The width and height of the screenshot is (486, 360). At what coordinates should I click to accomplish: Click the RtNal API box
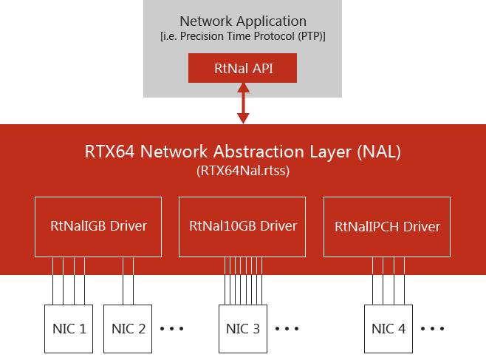(x=242, y=68)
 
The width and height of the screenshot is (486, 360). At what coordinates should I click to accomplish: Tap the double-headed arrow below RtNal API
(x=243, y=103)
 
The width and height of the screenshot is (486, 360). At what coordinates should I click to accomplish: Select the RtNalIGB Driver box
(x=98, y=227)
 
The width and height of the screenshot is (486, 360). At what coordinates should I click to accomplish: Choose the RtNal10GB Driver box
(x=242, y=227)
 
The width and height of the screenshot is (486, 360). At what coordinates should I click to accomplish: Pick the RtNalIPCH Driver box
(x=387, y=227)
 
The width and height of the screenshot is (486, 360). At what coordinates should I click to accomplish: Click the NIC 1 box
(x=69, y=329)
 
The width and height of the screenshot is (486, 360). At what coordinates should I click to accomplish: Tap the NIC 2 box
(x=128, y=329)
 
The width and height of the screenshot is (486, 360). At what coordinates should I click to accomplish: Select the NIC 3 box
(x=243, y=329)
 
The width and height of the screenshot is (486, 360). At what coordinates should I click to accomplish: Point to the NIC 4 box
(x=389, y=329)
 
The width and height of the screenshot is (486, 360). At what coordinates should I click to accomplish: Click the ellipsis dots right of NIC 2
(x=171, y=328)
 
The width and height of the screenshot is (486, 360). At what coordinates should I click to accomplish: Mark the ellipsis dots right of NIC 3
(x=287, y=328)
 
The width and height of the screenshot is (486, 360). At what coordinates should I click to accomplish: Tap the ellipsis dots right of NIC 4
(x=432, y=328)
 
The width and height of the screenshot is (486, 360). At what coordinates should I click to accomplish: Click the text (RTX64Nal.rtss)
(x=243, y=171)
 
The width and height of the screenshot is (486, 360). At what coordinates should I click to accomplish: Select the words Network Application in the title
(x=243, y=21)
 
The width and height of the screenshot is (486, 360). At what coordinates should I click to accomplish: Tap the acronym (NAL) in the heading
(x=379, y=152)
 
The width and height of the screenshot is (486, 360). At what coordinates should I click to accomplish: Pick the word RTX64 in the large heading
(x=110, y=152)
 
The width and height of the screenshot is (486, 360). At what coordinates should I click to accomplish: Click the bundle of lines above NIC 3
(x=243, y=281)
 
